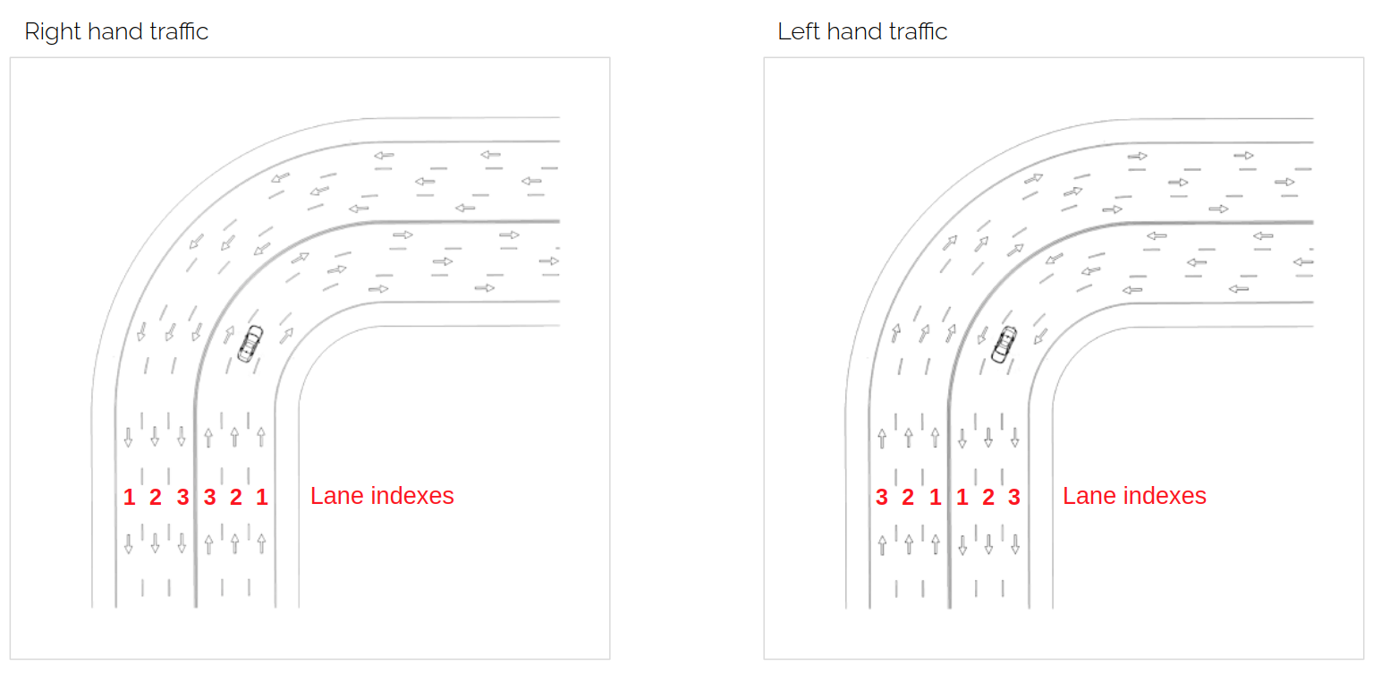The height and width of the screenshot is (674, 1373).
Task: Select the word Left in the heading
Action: pos(799,31)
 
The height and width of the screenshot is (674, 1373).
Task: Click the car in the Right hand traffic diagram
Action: pos(250,344)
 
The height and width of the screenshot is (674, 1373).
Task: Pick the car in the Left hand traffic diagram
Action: pos(1004,345)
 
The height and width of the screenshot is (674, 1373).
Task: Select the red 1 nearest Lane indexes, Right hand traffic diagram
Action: pos(262,497)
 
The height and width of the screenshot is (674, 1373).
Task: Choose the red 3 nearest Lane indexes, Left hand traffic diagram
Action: pos(1014,497)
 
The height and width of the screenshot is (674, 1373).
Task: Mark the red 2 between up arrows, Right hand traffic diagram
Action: pos(236,497)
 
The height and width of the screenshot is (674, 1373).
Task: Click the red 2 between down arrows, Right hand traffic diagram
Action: pos(156,497)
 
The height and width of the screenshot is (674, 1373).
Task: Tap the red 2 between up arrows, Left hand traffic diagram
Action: pos(908,497)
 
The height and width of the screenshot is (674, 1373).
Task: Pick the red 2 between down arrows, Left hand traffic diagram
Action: pos(988,497)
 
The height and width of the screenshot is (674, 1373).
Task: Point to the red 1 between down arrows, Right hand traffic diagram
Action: pos(129,497)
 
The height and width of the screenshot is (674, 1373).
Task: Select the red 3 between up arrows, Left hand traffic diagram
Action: pos(881,497)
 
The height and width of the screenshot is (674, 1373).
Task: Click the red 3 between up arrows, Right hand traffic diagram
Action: pos(209,497)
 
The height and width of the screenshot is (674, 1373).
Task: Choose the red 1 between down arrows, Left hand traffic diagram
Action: pos(962,497)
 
